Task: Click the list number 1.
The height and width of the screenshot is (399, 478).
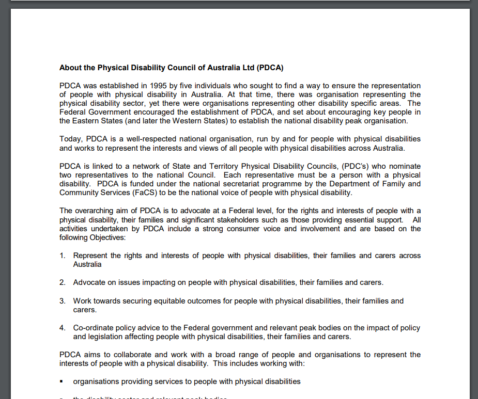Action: click(62, 256)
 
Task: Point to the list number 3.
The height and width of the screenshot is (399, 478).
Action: click(62, 300)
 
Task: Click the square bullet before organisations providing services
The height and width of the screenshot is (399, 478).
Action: click(61, 382)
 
